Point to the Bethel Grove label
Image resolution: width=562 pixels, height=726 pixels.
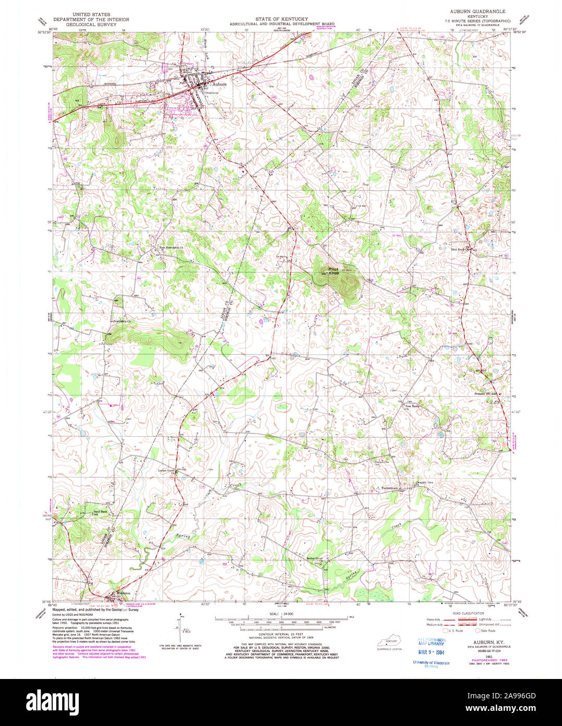(315, 558)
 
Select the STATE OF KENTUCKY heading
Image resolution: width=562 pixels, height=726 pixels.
(278, 19)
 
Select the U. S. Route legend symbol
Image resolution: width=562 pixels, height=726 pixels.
(445, 630)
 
